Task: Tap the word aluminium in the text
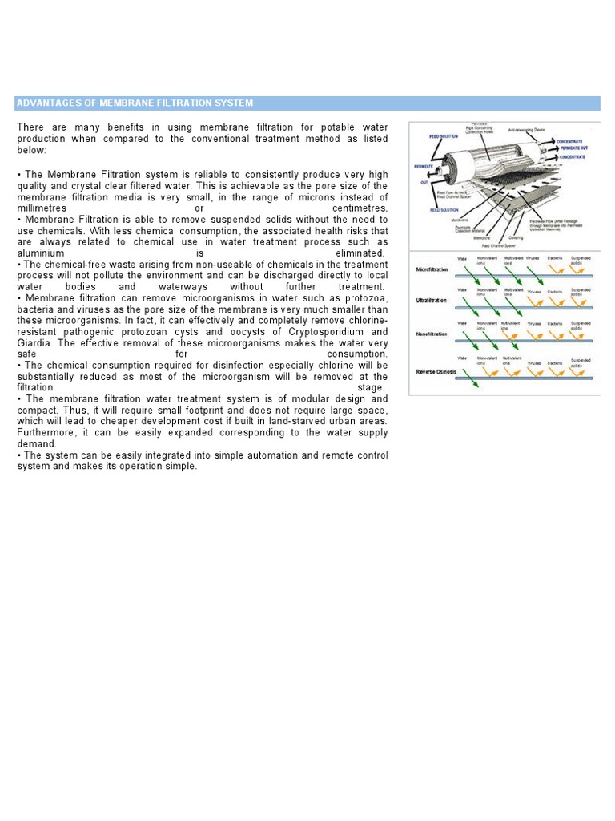[40, 253]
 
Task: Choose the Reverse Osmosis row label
[436, 372]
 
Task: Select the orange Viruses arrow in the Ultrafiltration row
[535, 301]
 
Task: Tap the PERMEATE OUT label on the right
[575, 148]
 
